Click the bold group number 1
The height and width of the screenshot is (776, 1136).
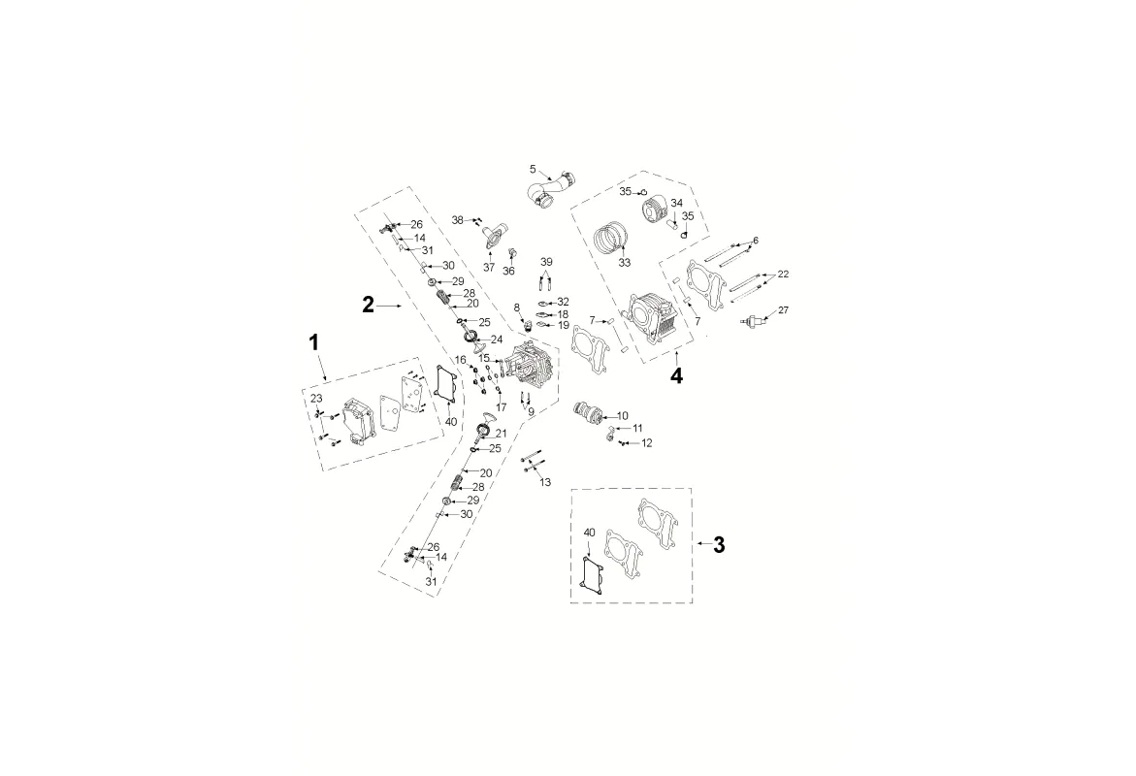313,342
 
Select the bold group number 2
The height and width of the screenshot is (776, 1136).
368,305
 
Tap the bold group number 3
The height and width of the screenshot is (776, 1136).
718,544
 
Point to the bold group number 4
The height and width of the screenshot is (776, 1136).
675,376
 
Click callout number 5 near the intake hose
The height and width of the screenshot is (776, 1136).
533,170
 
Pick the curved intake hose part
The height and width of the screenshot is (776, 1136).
552,191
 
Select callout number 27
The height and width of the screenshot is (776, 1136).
783,310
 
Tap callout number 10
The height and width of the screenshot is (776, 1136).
623,417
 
